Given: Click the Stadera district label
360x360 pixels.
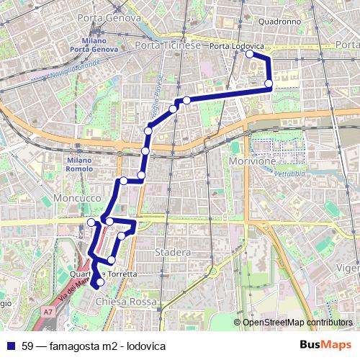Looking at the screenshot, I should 173,253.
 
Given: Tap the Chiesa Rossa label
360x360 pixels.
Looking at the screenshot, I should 125,302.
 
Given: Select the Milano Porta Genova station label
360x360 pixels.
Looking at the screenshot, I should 94,45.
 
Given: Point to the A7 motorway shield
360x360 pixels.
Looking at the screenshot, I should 48,312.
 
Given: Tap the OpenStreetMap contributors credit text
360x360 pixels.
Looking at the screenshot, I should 297,323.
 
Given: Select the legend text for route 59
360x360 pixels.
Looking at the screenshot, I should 94,345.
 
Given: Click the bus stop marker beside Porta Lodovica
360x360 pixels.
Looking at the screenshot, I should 250,54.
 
